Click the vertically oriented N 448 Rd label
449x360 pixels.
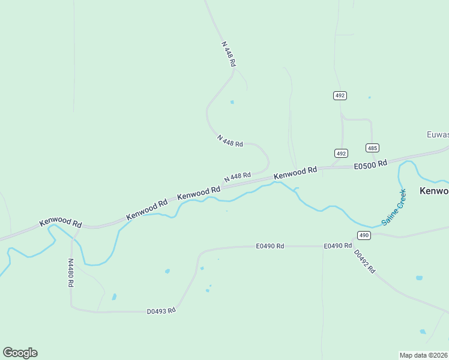tap(229, 53)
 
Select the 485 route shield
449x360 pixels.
tap(372, 148)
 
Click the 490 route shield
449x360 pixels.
tap(364, 235)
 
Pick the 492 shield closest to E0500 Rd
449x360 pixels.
tap(341, 154)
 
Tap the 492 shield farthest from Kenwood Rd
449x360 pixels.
tap(340, 95)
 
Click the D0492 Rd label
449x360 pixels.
tap(364, 262)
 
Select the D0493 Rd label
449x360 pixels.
tap(161, 311)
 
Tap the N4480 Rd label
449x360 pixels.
tap(70, 273)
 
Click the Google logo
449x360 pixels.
tap(20, 353)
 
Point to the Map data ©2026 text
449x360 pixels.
tap(424, 355)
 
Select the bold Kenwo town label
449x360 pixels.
tap(433, 191)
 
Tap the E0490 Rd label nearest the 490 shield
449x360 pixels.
tap(337, 246)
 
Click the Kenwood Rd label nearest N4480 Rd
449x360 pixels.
tap(61, 223)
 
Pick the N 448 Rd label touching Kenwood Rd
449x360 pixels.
tap(237, 177)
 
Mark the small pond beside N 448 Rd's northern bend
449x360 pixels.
tap(232, 102)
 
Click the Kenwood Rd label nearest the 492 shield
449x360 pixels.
tap(295, 173)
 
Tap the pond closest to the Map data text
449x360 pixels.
tap(423, 331)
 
